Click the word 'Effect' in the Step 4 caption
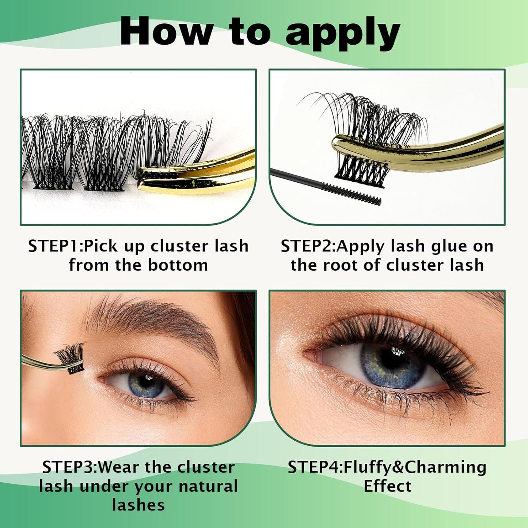pos(387,486)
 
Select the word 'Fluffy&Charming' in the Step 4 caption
pos(415,467)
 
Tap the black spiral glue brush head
pos(351,194)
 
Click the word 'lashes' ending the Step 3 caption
pos(138,505)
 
